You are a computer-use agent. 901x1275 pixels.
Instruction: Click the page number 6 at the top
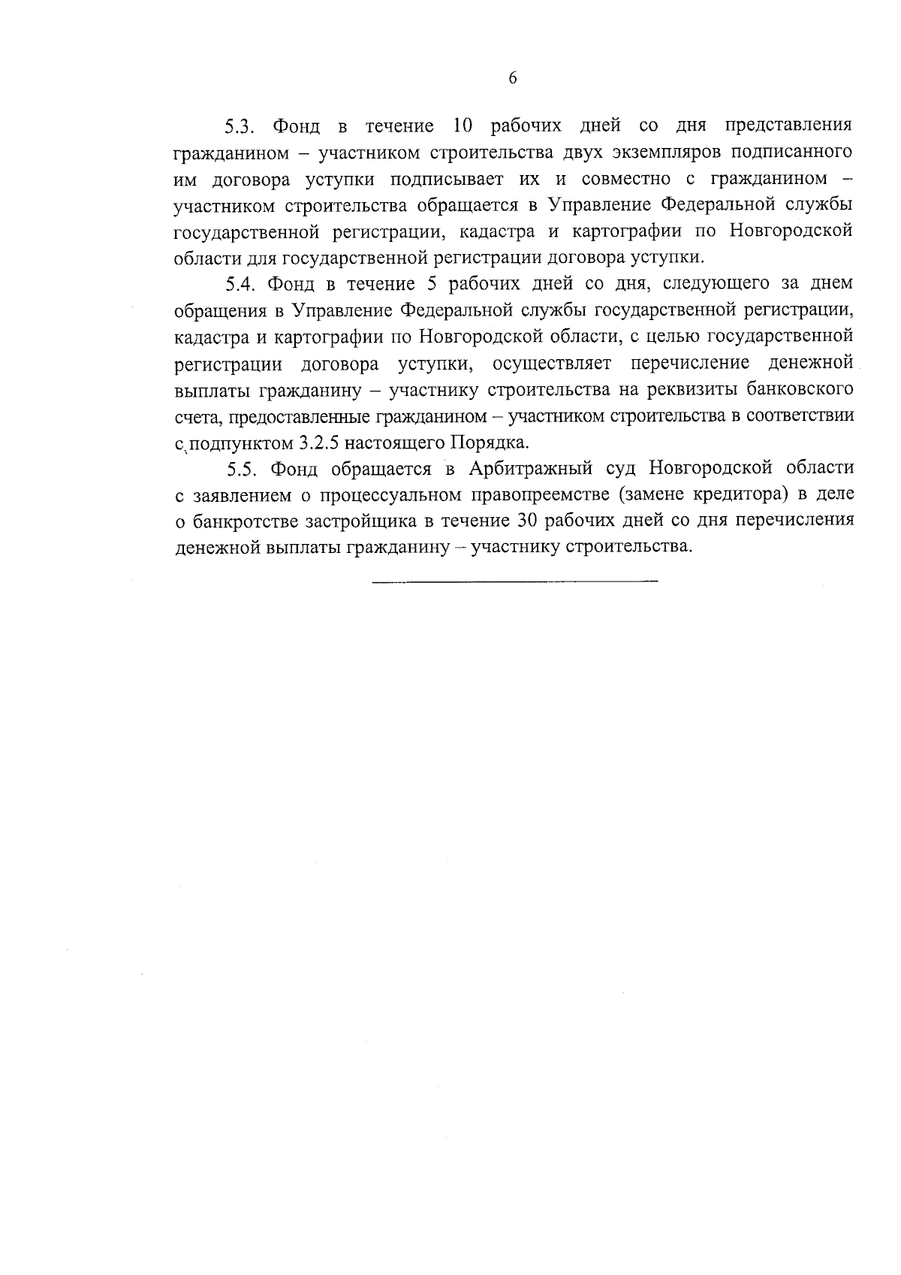[x=513, y=78]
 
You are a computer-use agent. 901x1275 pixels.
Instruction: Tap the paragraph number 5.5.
[x=243, y=469]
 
